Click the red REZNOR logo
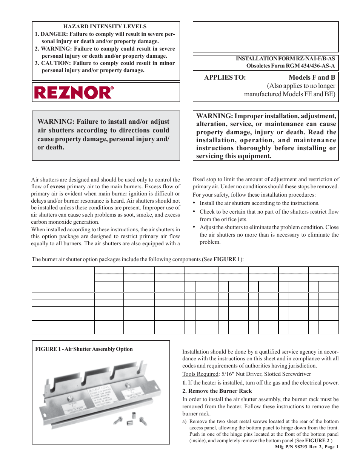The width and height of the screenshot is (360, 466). [74, 92]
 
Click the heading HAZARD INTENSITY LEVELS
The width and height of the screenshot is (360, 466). [105, 26]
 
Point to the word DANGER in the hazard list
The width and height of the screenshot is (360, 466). [53, 34]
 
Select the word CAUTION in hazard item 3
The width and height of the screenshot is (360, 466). [55, 63]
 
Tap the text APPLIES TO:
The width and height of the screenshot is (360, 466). [225, 77]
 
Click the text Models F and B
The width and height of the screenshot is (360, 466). [312, 77]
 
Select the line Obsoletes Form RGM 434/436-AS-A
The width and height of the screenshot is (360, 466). [291, 66]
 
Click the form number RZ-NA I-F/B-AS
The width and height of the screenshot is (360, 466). [315, 58]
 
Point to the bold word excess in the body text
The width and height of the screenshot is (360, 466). [58, 186]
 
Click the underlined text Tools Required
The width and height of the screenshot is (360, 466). [200, 374]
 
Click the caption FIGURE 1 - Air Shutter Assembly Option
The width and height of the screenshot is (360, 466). [84, 349]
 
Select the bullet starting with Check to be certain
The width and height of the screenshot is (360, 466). [269, 215]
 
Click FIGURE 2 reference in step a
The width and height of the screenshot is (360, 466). [317, 440]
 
